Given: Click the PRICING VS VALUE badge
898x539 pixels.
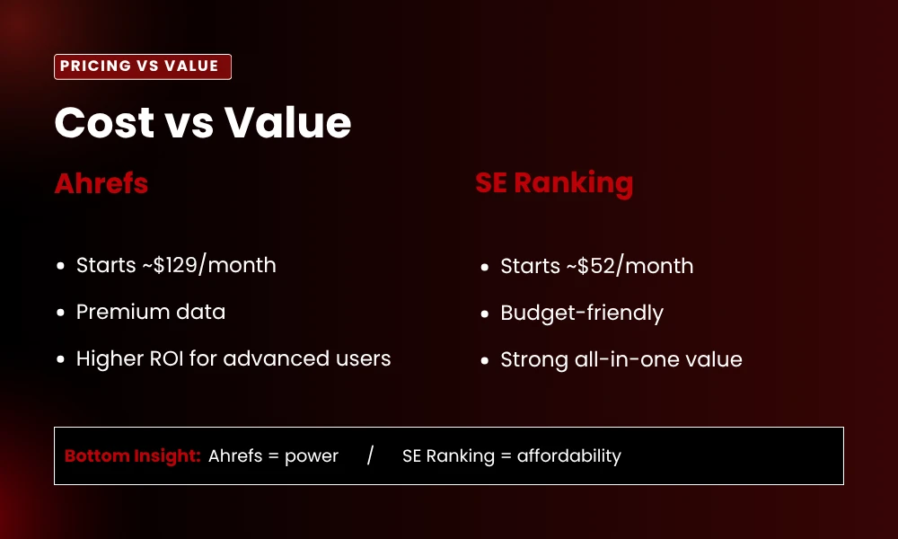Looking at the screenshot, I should point(143,66).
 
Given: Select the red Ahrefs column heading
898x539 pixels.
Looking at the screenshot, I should point(101,183).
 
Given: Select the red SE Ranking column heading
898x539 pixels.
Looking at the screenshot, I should point(554,183).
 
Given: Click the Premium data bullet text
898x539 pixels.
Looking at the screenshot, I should point(151,312).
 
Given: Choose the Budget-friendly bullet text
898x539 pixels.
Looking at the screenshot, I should point(582,313).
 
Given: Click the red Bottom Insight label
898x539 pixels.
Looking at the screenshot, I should point(132,455).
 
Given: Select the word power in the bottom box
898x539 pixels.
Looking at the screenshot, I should point(312,455).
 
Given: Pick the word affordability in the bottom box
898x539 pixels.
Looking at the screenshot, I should point(569,455).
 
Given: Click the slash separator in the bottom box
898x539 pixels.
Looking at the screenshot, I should point(370,455).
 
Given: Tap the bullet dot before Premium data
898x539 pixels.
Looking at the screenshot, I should point(60,314).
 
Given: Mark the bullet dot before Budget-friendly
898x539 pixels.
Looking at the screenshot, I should point(484,314).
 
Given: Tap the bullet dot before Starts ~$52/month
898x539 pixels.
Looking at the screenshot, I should point(484,268).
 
